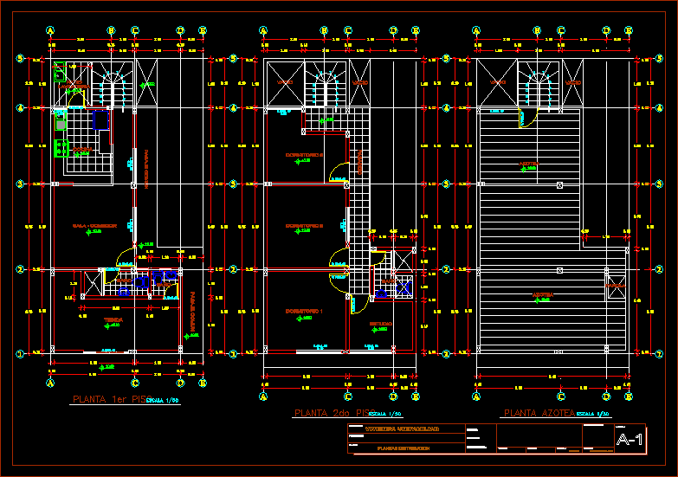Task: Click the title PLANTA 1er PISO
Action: [x=107, y=400]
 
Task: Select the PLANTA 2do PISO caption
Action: [x=333, y=413]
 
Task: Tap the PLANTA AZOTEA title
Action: [x=537, y=414]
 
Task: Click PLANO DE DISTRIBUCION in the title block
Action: [x=403, y=448]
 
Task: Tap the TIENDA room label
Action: [x=113, y=319]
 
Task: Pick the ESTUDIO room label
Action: [x=380, y=324]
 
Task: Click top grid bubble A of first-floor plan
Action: [x=50, y=30]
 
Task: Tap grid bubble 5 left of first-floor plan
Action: [x=19, y=59]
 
